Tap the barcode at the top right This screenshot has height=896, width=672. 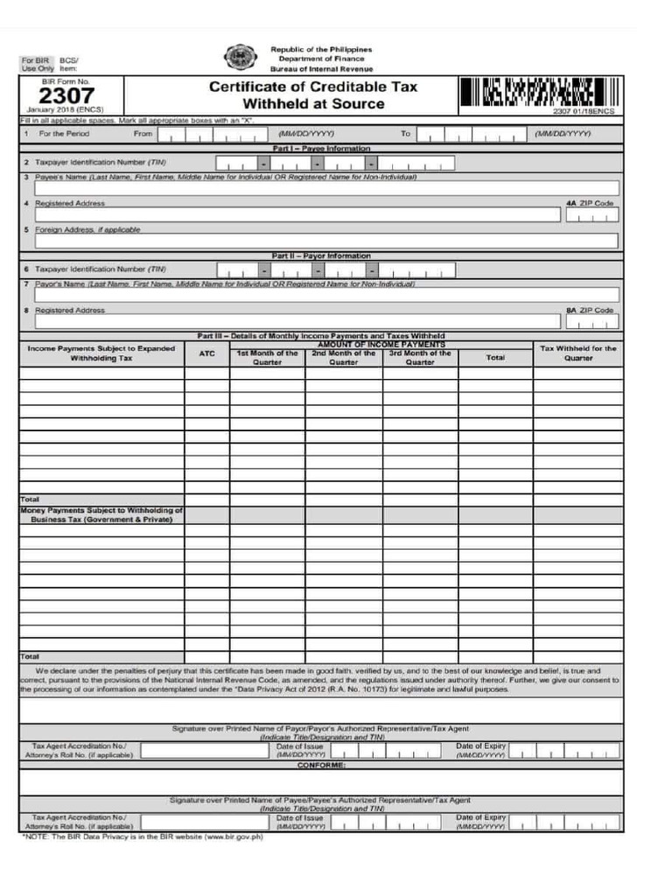click(x=539, y=92)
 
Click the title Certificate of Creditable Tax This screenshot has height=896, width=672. click(x=313, y=87)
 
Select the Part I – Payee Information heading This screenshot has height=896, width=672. click(x=321, y=148)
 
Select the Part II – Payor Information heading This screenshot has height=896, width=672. click(x=321, y=255)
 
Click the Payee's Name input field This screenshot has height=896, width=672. click(x=326, y=187)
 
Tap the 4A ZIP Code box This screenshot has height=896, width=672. click(x=591, y=214)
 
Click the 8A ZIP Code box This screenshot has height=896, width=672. click(x=591, y=321)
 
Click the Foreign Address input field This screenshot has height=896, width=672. click(x=326, y=241)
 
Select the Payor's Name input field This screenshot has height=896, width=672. click(x=326, y=295)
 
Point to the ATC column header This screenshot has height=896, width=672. click(x=206, y=353)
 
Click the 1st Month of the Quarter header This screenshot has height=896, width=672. click(x=267, y=358)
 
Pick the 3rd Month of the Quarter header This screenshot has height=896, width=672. click(x=420, y=358)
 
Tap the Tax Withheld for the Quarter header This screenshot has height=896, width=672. click(x=577, y=353)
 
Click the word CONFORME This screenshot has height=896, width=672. click(x=321, y=765)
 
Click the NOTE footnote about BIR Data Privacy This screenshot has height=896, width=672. click(x=142, y=836)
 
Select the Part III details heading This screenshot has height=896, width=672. click(x=321, y=336)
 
